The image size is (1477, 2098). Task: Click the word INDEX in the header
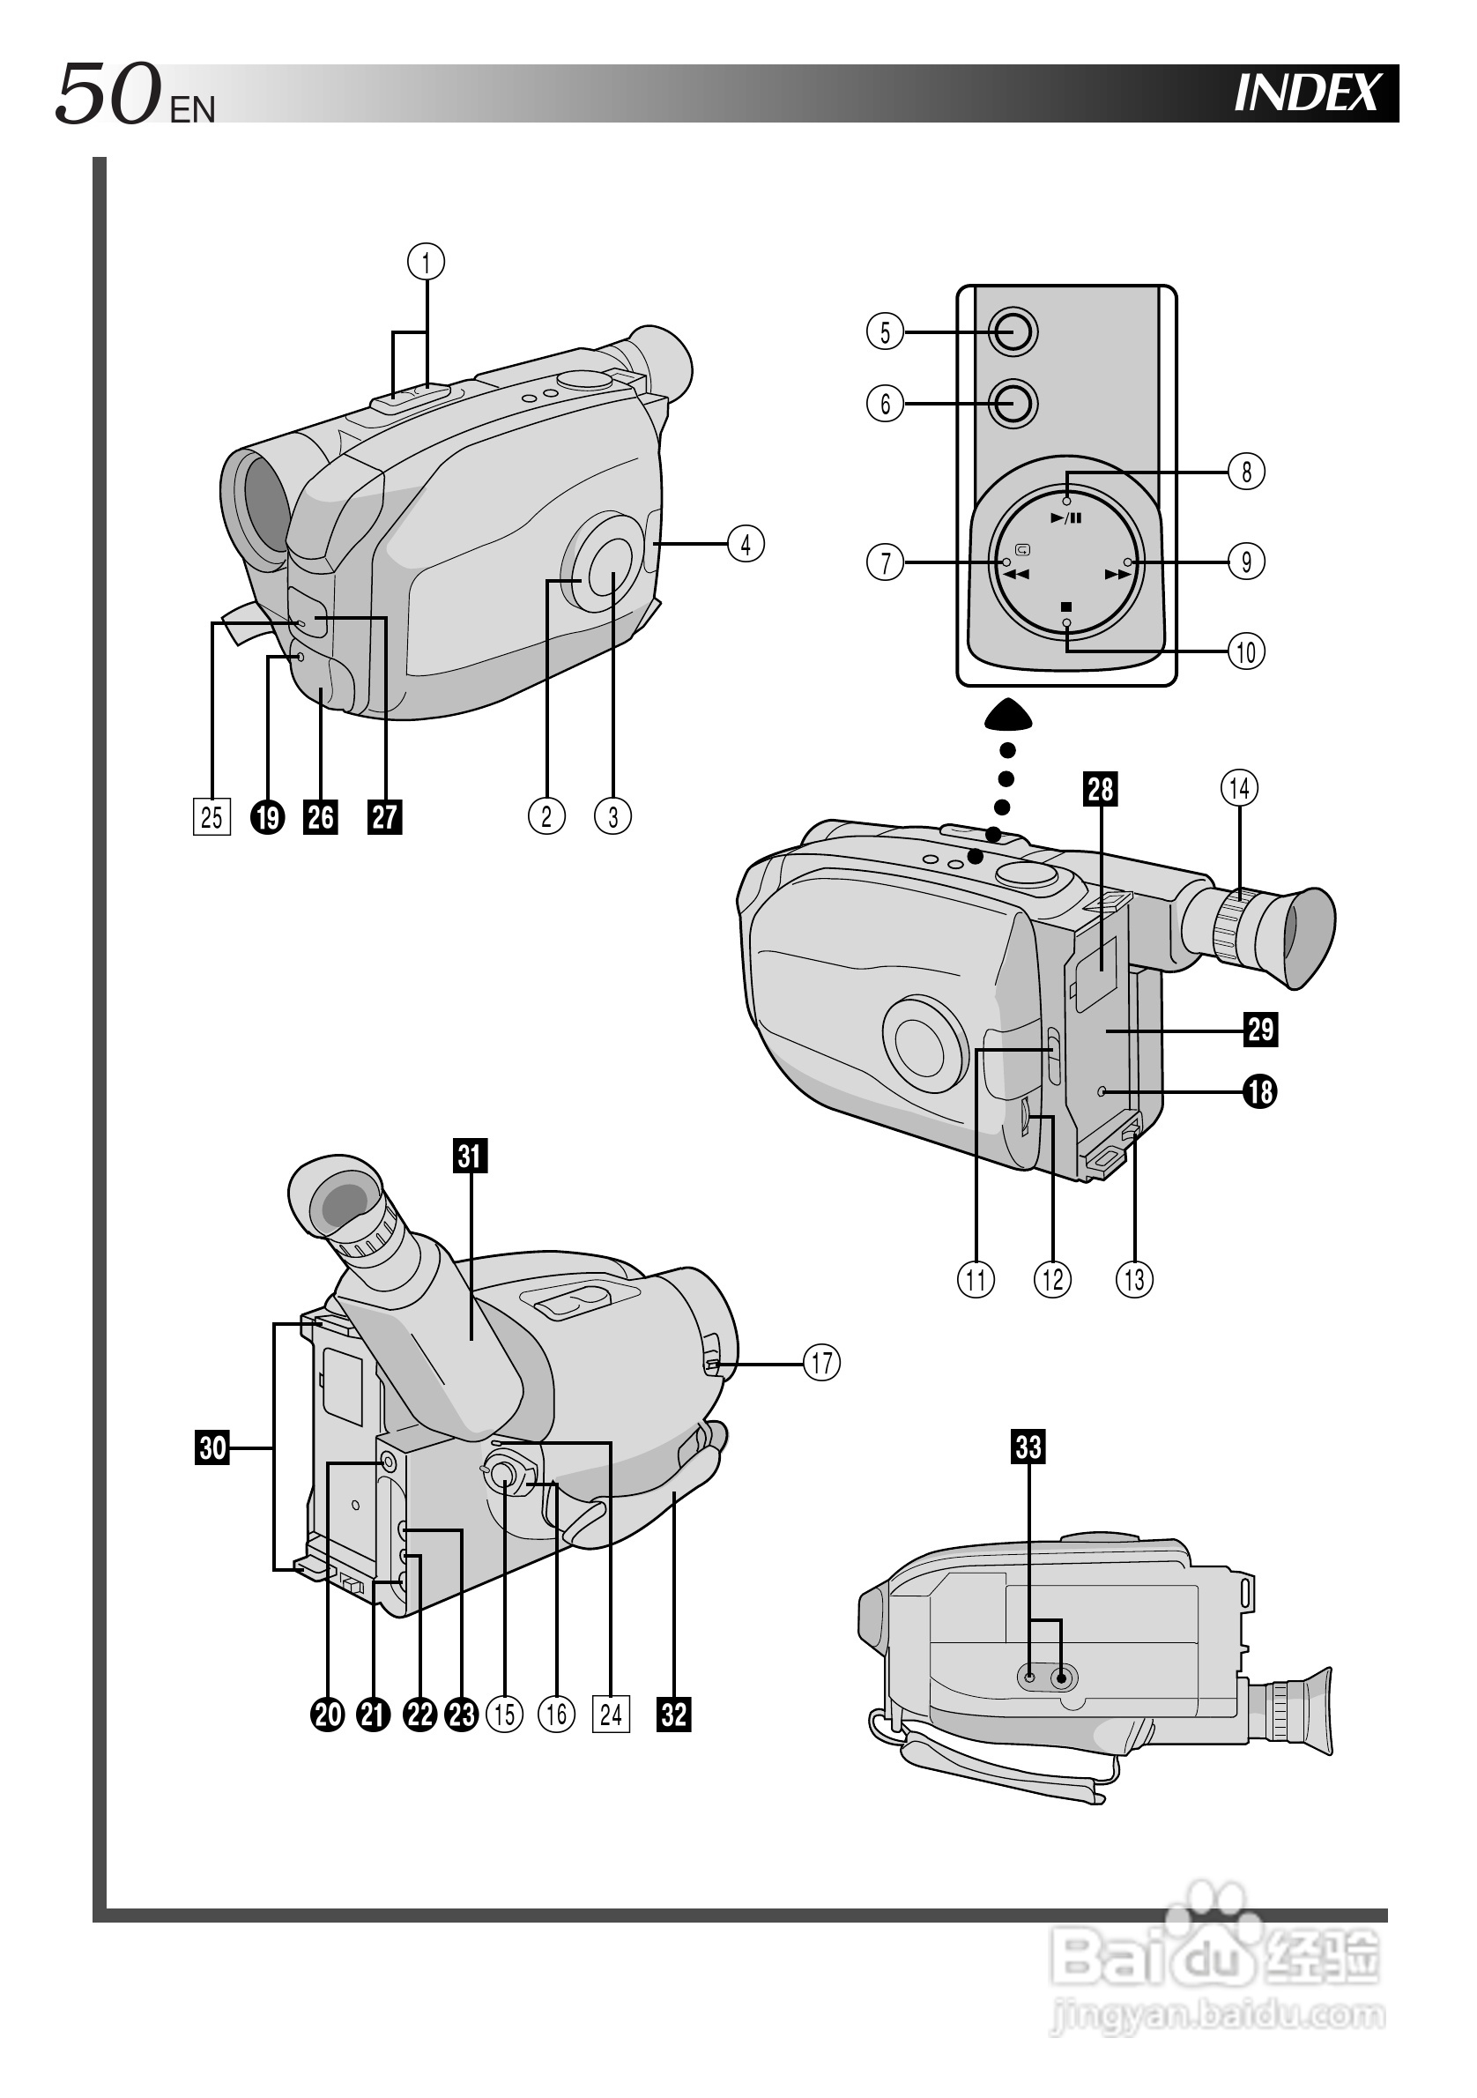[1307, 93]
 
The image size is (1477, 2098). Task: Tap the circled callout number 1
[426, 263]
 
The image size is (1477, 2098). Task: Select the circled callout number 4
[746, 544]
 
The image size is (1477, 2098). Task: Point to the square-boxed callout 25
[211, 817]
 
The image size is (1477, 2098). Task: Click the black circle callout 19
[268, 817]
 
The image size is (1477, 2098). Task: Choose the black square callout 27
[384, 817]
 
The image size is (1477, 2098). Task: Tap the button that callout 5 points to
[1012, 331]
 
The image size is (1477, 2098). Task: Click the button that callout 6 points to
[1012, 403]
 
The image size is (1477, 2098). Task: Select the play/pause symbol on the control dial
[1066, 518]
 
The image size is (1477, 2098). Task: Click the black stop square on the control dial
[1066, 606]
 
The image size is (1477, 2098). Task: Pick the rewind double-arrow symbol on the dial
[1016, 575]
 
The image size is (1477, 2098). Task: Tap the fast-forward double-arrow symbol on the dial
[1118, 575]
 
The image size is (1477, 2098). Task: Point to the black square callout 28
[1101, 789]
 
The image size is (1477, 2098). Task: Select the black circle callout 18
[1260, 1091]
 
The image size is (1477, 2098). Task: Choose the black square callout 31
[471, 1155]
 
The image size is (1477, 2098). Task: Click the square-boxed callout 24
[611, 1715]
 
